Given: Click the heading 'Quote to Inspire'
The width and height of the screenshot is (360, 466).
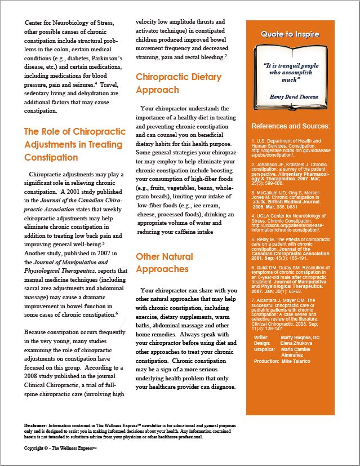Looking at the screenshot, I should pos(290,34).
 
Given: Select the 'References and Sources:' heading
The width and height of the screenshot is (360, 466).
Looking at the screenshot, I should pos(290,126).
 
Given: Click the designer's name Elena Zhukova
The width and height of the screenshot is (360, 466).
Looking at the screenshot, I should pos(296,343).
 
